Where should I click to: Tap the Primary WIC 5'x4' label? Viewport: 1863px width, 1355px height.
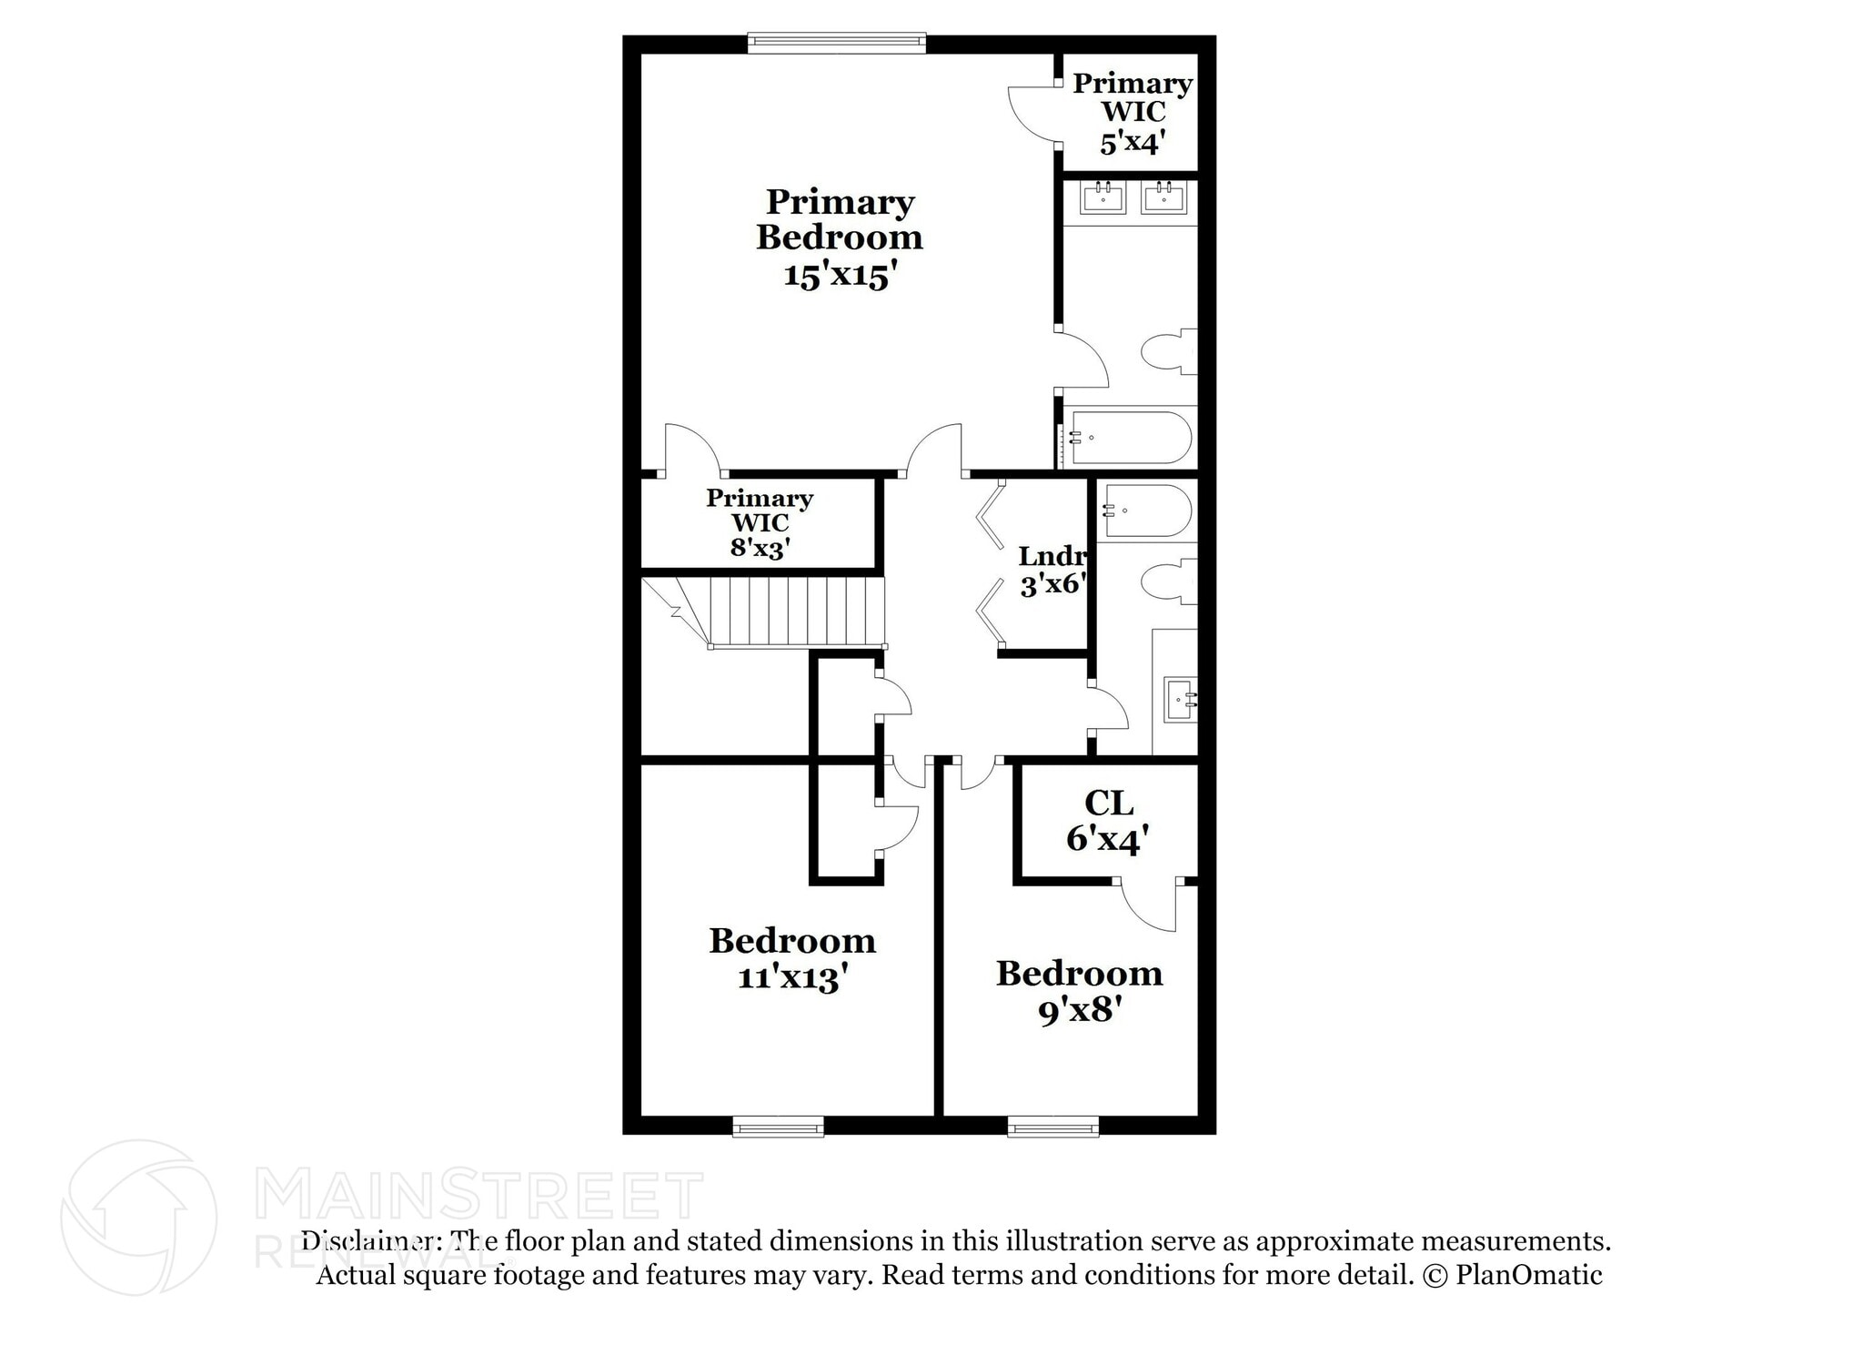tap(1133, 113)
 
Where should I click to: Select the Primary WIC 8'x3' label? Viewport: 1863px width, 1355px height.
tap(759, 523)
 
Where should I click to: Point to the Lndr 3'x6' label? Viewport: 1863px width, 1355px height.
tap(1052, 570)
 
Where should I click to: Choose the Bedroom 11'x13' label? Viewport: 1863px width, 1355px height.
tap(792, 958)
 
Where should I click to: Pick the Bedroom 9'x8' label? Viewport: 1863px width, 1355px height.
tap(1079, 991)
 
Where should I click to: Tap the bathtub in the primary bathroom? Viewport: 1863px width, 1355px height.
tap(1129, 438)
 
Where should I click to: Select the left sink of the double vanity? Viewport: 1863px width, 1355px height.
tap(1103, 197)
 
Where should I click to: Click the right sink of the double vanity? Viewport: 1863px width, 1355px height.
tap(1163, 197)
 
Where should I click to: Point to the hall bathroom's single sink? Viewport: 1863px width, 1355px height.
tap(1181, 700)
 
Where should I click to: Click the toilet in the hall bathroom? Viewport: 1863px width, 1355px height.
tap(1168, 581)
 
